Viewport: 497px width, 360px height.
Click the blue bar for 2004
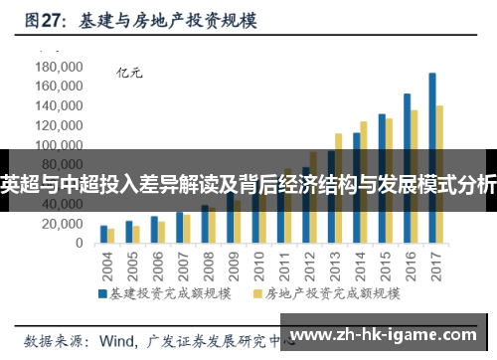tap(103, 235)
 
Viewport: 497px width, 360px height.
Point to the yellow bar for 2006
tap(162, 233)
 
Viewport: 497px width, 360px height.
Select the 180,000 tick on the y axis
tap(57, 67)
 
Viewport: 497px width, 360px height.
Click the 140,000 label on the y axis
tap(57, 106)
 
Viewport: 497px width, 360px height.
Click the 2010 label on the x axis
tap(257, 268)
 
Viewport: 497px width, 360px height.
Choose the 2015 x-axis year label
tap(383, 268)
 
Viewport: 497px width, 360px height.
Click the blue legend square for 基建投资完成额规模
tap(102, 294)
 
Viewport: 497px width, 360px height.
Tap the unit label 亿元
tap(130, 73)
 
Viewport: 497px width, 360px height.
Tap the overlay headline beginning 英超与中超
tap(248, 181)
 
